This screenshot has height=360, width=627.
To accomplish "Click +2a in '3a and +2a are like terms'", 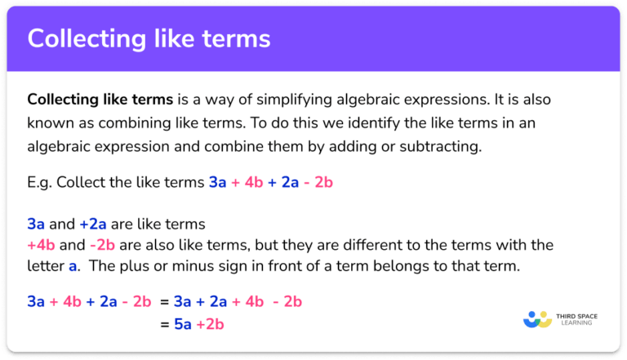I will coord(96,223).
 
